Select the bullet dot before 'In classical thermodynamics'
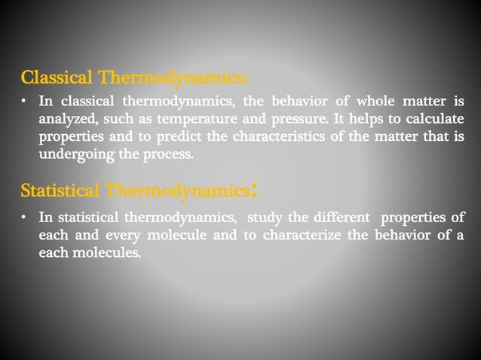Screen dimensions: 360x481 [x=26, y=101]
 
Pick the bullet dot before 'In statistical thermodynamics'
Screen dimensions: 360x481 [x=26, y=218]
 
